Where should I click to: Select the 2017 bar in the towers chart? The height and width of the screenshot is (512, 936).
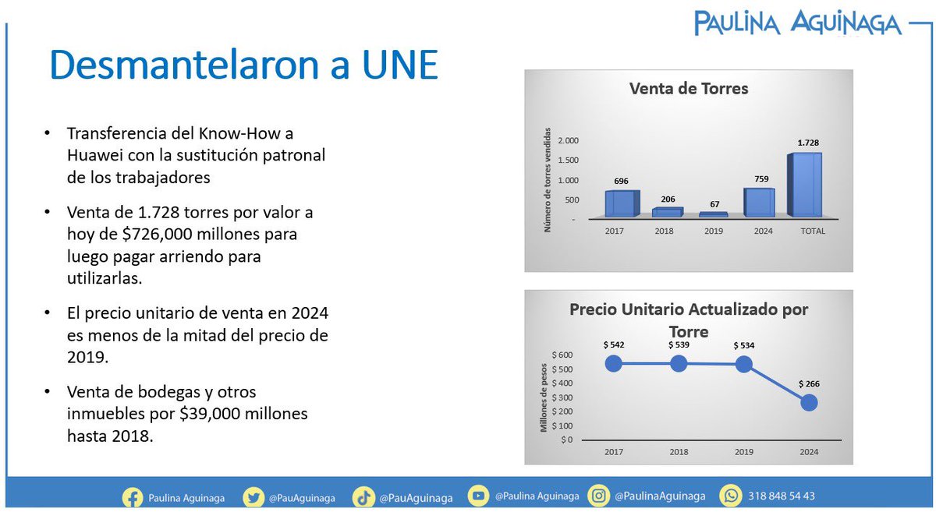coord(621,203)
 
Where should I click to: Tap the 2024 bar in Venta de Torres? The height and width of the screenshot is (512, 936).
coord(758,202)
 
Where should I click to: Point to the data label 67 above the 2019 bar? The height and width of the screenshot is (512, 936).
coord(714,203)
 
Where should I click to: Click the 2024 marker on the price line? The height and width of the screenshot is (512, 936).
coord(809,402)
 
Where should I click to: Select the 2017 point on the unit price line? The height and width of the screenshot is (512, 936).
coord(613,363)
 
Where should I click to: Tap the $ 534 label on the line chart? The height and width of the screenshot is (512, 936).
coord(743,345)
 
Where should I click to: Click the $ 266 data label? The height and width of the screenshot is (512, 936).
coord(809,383)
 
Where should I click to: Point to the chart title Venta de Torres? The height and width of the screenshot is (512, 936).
coord(688,89)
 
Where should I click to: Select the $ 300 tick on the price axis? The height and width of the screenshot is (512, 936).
coord(562,397)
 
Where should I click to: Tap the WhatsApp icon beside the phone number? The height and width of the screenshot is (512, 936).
coord(731,496)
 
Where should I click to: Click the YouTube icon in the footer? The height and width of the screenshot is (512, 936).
coord(479,496)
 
